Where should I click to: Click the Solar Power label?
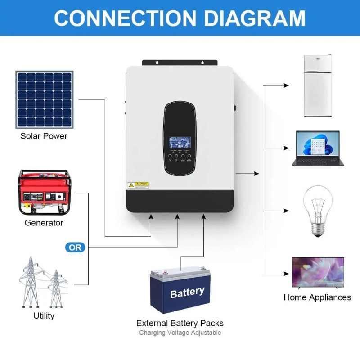coord(44,136)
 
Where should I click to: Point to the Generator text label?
coord(44,223)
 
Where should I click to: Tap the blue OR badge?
coord(75,247)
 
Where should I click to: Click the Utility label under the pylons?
coord(44,316)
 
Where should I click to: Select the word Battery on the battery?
coord(187,292)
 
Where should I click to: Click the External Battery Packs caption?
coord(180,323)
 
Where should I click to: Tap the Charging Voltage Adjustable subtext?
coord(180,333)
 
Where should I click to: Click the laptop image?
coord(318,148)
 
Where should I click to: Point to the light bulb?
coord(318,211)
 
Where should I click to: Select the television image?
coord(318,273)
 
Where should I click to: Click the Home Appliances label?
coord(317,297)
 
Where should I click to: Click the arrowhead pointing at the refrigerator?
coord(286,85)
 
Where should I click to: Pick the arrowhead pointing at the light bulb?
coord(286,210)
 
